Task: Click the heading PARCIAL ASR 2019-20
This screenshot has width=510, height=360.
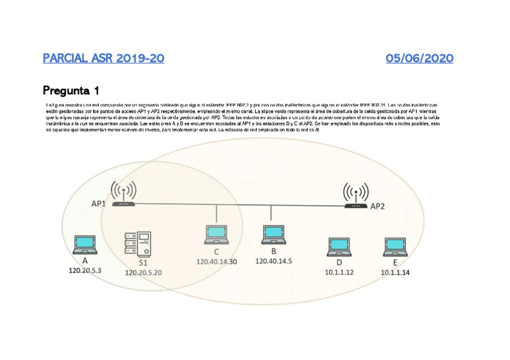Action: [103, 58]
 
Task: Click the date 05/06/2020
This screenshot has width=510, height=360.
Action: [420, 58]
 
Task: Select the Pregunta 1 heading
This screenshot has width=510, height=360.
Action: [71, 91]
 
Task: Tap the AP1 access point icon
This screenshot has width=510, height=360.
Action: [123, 195]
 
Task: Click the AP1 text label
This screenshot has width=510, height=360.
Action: [99, 204]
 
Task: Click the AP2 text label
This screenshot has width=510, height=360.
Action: [377, 206]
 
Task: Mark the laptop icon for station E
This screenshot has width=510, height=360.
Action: [395, 247]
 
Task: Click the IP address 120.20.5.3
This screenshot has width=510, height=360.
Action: [85, 271]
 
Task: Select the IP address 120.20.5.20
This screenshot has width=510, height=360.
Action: [143, 272]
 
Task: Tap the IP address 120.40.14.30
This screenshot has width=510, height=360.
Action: [217, 261]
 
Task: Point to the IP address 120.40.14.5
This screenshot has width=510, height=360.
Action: [274, 261]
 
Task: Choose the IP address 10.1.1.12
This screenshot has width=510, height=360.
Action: [339, 272]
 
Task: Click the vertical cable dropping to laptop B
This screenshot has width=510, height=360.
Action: [271, 215]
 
